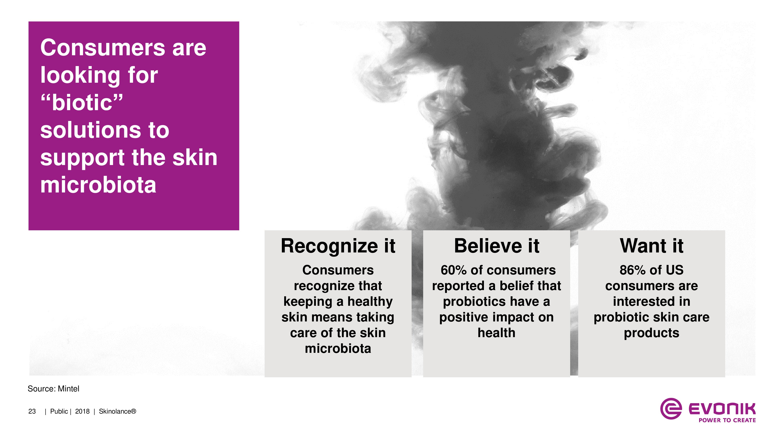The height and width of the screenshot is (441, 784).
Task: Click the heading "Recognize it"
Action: tap(338, 246)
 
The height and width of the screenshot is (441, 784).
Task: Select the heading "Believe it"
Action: tap(496, 246)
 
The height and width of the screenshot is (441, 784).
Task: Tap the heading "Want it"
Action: tap(652, 246)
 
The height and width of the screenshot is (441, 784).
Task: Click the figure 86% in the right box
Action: tap(633, 270)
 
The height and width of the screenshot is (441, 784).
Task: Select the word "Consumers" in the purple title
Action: tap(103, 48)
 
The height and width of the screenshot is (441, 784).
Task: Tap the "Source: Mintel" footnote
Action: tap(53, 389)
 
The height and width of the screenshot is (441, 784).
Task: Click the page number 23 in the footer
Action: tap(32, 411)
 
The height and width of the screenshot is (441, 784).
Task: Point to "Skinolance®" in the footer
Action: tap(117, 411)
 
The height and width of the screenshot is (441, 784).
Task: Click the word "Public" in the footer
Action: tap(59, 411)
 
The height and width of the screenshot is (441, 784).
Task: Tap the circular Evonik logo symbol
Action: tap(671, 408)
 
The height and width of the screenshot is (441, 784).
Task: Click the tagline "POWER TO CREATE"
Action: tap(727, 420)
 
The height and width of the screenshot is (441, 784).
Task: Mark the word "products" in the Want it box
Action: tap(652, 333)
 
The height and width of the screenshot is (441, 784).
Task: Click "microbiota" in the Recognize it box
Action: tap(338, 348)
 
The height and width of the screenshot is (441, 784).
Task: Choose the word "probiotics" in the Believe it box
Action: tap(474, 302)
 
